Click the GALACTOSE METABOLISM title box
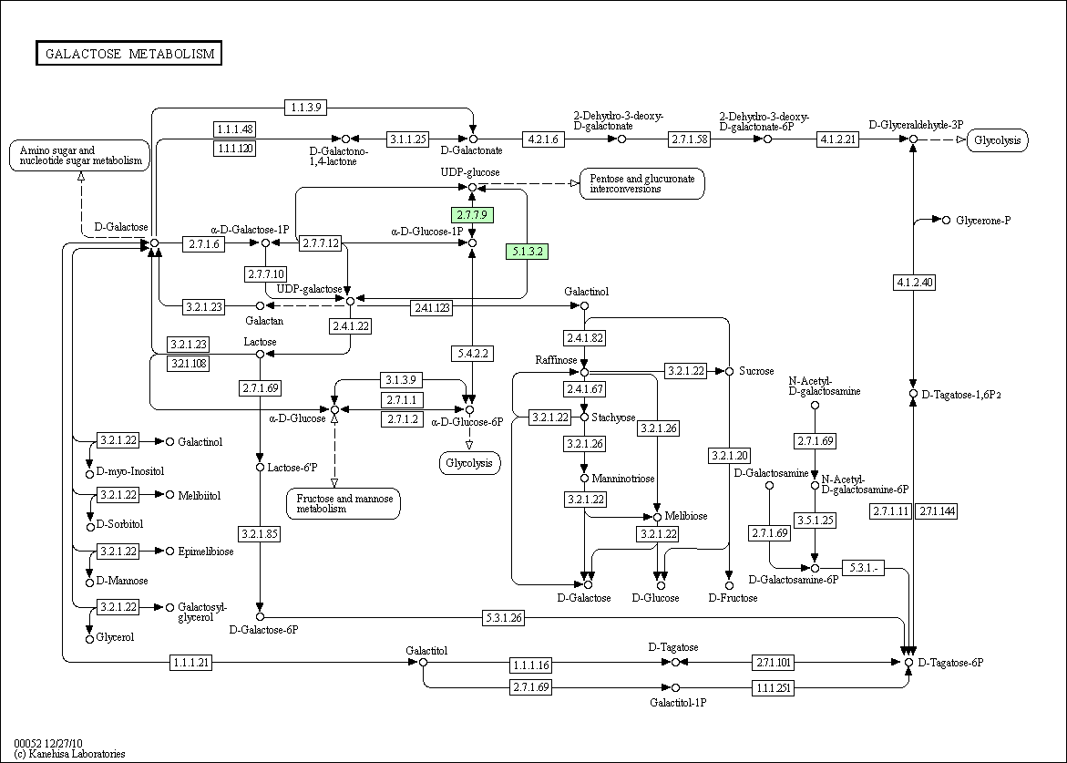point(129,54)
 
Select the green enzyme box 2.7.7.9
point(472,215)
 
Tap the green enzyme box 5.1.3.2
point(528,252)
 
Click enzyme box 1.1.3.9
point(306,107)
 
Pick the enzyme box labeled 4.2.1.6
point(543,139)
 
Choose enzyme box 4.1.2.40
point(914,282)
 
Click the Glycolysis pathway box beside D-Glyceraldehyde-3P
point(998,140)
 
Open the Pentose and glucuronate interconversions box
point(641,184)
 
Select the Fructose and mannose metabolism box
point(344,504)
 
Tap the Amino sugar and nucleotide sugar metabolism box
point(79,155)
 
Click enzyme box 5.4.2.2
point(472,354)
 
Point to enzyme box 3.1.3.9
point(401,380)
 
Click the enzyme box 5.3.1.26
point(504,618)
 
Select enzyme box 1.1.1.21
point(191,662)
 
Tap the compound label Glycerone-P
point(983,221)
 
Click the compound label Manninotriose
point(622,479)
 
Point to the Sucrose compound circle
point(730,371)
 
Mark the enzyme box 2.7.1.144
point(937,511)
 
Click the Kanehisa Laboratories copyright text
point(69,754)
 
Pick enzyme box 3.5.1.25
point(815,520)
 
